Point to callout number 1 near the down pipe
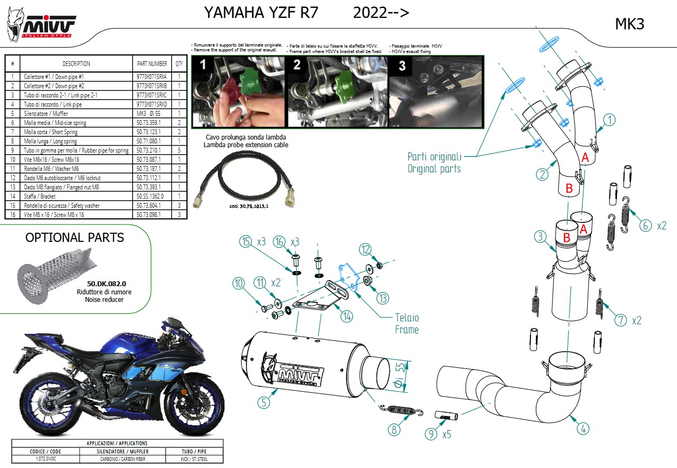609,120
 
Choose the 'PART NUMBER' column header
152,64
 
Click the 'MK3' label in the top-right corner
630,24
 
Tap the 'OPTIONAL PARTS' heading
75,238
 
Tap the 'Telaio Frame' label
407,324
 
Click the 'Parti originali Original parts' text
434,162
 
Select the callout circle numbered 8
395,430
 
